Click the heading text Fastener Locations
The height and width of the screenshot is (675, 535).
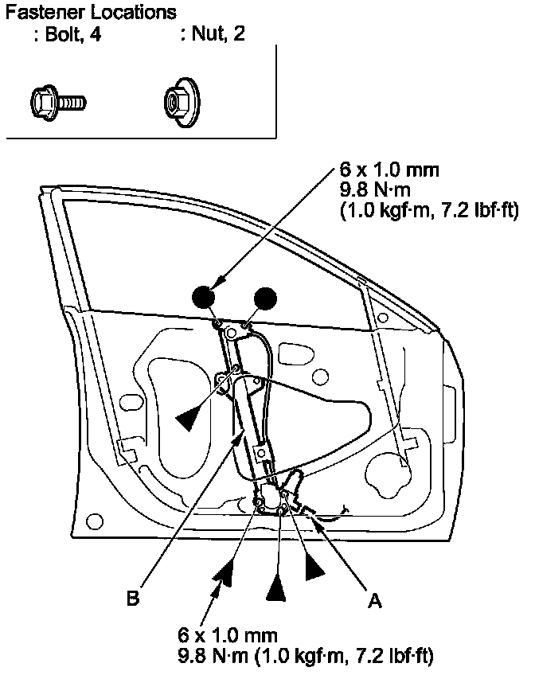pos(90,14)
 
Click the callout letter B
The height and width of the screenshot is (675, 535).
pos(133,597)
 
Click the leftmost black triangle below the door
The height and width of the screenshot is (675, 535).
pos(225,572)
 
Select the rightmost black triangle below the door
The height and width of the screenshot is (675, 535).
pos(314,567)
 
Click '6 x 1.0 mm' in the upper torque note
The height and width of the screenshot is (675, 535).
pos(389,172)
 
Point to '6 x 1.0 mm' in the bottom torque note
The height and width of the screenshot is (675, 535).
pos(228,636)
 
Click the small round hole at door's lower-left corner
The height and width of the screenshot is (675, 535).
pos(95,521)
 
